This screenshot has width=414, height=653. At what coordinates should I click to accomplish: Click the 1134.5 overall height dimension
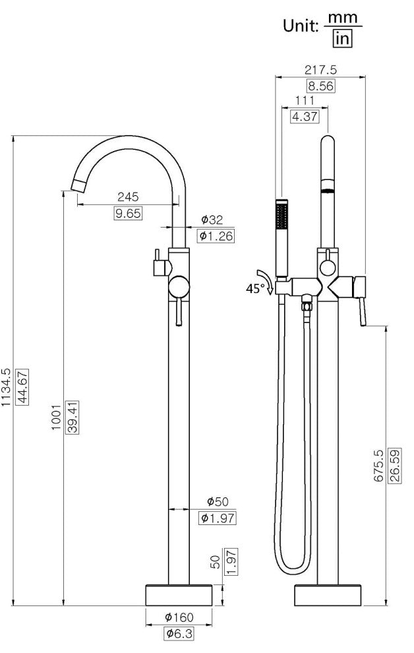pos(5,387)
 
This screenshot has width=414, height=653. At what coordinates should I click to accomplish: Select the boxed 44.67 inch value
pos(22,387)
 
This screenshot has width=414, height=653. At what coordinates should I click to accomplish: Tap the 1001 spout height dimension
pos(56,418)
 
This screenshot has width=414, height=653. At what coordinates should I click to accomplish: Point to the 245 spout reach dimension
pos(128,196)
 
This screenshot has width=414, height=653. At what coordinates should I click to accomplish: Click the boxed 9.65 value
pos(128,214)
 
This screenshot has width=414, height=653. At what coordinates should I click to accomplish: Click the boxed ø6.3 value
pos(179,633)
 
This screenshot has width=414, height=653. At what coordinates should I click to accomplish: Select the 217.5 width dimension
pos(320,69)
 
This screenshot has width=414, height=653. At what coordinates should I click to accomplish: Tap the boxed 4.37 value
pos(305,116)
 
